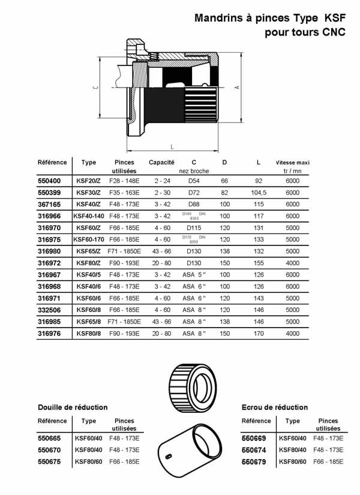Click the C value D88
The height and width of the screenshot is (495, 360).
(x=193, y=204)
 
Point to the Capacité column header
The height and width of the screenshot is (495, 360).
(x=161, y=163)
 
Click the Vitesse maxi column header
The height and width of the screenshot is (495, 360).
(x=292, y=163)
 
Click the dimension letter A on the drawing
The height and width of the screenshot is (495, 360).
(x=237, y=88)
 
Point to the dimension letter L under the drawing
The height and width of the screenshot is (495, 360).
(x=172, y=146)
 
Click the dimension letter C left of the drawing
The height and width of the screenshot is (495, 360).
(x=96, y=88)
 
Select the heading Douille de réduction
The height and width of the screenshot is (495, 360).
(x=73, y=407)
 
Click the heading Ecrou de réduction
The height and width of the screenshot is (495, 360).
(x=274, y=407)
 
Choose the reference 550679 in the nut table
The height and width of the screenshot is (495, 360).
(x=253, y=461)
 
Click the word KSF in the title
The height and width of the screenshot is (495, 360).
(x=333, y=19)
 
